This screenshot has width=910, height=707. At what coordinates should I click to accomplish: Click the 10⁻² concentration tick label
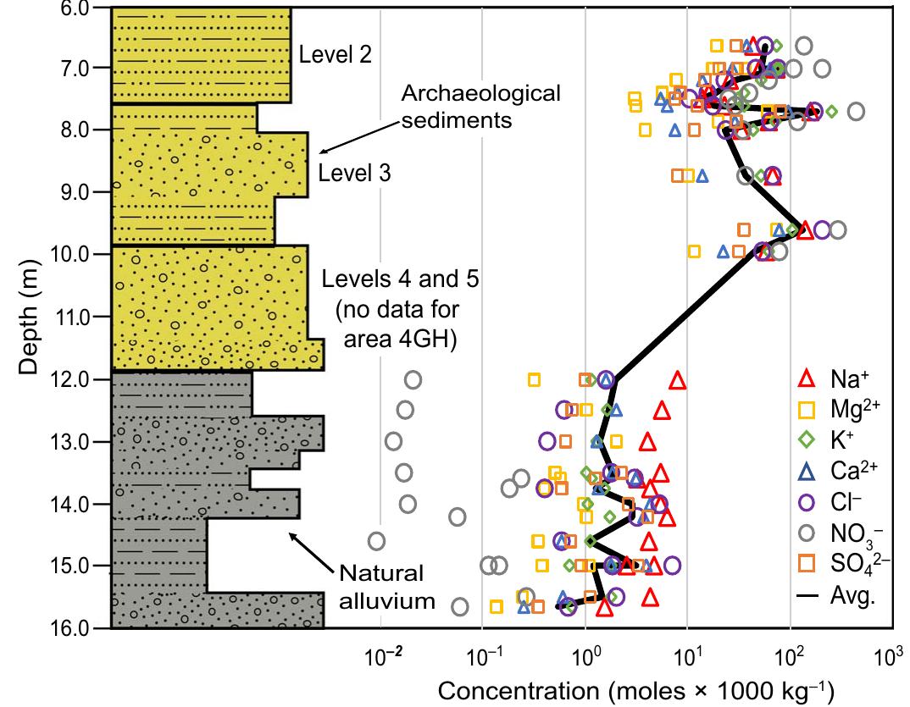click(381, 658)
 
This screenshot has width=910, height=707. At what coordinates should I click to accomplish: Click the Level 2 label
click(336, 54)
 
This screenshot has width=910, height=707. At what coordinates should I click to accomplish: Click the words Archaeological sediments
click(481, 106)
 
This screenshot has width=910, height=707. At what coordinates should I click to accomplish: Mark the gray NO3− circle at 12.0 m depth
click(413, 379)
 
